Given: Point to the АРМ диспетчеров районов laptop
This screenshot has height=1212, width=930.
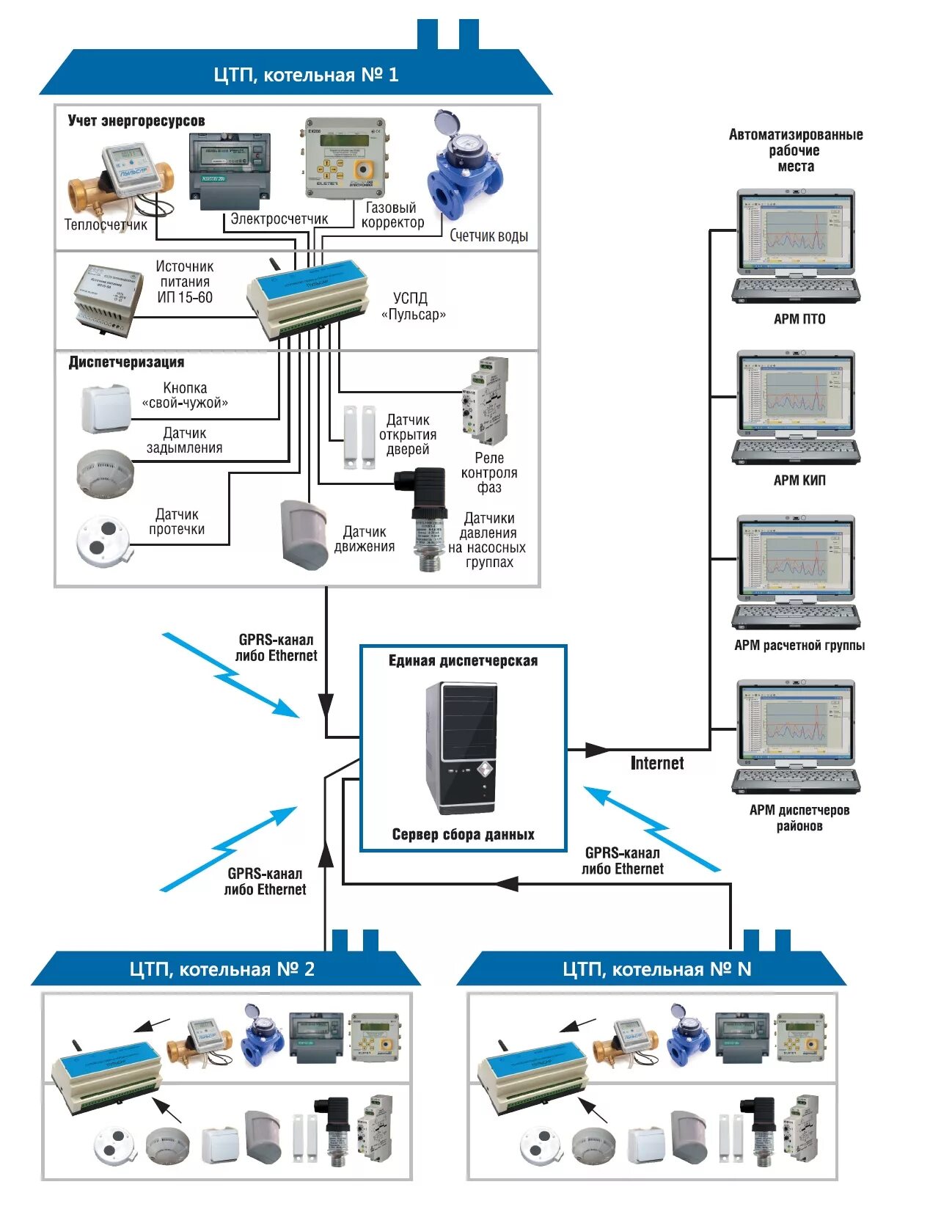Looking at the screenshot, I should [x=796, y=737].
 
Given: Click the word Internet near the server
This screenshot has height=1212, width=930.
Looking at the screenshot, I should [x=656, y=763].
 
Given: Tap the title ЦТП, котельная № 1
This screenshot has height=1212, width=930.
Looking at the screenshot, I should [x=306, y=75].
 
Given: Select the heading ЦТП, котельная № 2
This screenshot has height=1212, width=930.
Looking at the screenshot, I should [x=221, y=969].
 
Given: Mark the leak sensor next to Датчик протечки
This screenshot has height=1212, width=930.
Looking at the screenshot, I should [x=104, y=541].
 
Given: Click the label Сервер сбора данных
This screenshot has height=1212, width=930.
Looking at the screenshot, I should [x=463, y=834].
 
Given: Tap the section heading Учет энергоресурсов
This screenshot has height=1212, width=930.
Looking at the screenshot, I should [x=136, y=121].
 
